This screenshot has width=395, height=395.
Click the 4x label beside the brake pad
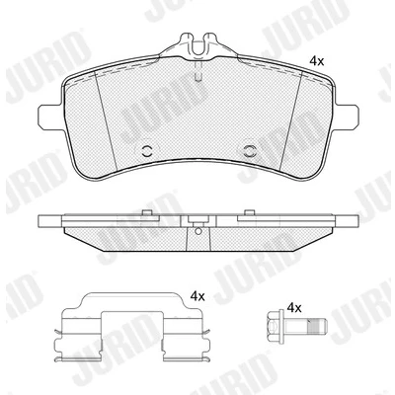pyautogui.click(x=317, y=61)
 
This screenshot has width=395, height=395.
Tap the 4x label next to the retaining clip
pyautogui.click(x=197, y=296)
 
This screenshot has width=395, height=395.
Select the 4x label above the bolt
pyautogui.click(x=294, y=308)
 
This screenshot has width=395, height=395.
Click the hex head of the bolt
pyautogui.click(x=274, y=327)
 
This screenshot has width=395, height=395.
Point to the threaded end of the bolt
pyautogui.click(x=316, y=327)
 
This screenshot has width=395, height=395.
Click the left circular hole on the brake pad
pyautogui.click(x=146, y=151)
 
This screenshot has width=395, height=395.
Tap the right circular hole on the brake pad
pyautogui.click(x=251, y=151)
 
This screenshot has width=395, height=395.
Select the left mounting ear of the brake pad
pyautogui.click(x=51, y=118)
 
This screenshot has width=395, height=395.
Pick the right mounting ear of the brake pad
pyautogui.click(x=345, y=117)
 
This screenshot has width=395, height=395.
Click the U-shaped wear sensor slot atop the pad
pyautogui.click(x=198, y=46)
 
